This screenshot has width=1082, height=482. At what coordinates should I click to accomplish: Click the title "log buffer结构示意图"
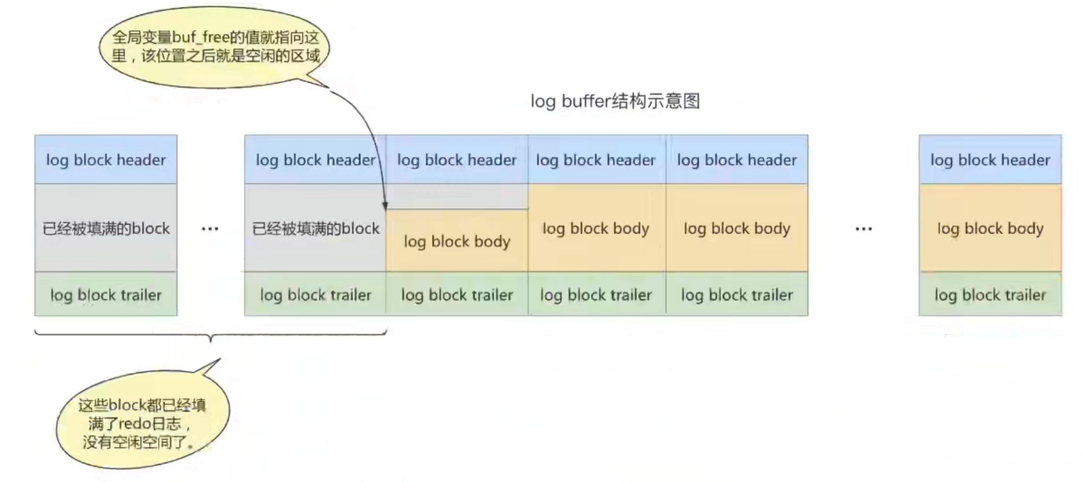click(x=615, y=101)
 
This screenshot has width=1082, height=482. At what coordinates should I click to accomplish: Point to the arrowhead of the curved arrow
click(x=385, y=205)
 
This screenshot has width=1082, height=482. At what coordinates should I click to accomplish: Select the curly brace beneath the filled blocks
click(x=210, y=335)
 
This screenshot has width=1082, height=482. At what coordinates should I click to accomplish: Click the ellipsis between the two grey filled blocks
click(x=210, y=229)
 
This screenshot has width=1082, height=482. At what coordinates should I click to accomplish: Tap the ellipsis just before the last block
click(x=863, y=229)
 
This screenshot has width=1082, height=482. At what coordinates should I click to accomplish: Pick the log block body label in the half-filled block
click(x=457, y=242)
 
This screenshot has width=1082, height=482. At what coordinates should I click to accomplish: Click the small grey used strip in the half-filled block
click(x=457, y=197)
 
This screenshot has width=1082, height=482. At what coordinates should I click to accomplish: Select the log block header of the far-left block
click(x=105, y=160)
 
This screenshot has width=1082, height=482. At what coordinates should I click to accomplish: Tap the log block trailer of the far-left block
click(x=105, y=295)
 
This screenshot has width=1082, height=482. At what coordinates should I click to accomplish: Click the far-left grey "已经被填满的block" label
click(x=105, y=228)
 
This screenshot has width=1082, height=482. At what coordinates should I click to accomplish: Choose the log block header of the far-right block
click(x=990, y=160)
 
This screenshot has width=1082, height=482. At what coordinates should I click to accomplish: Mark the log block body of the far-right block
click(x=990, y=228)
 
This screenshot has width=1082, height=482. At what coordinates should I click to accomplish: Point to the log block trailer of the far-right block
click(x=990, y=295)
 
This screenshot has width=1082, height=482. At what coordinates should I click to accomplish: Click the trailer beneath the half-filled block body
click(x=457, y=295)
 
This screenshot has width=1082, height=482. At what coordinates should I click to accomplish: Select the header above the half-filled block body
click(x=457, y=160)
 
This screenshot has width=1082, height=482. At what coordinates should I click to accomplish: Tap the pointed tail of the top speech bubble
click(x=320, y=82)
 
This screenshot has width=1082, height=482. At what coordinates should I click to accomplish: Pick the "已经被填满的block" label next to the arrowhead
click(x=315, y=228)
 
